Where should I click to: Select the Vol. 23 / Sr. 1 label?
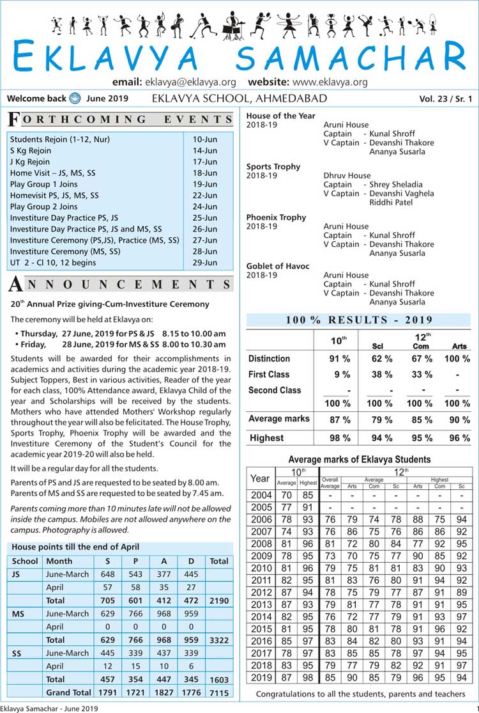coord(446,98)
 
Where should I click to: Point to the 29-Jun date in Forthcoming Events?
coord(205,262)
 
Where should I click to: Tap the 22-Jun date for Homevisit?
coord(205,195)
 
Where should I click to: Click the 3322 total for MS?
coord(218,639)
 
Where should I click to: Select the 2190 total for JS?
coord(218,600)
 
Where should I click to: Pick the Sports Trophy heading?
coord(273,166)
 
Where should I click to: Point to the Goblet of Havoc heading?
coord(278,266)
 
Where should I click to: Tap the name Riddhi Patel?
coord(393,202)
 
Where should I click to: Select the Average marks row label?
coord(278,419)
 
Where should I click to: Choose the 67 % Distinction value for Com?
coord(419,359)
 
